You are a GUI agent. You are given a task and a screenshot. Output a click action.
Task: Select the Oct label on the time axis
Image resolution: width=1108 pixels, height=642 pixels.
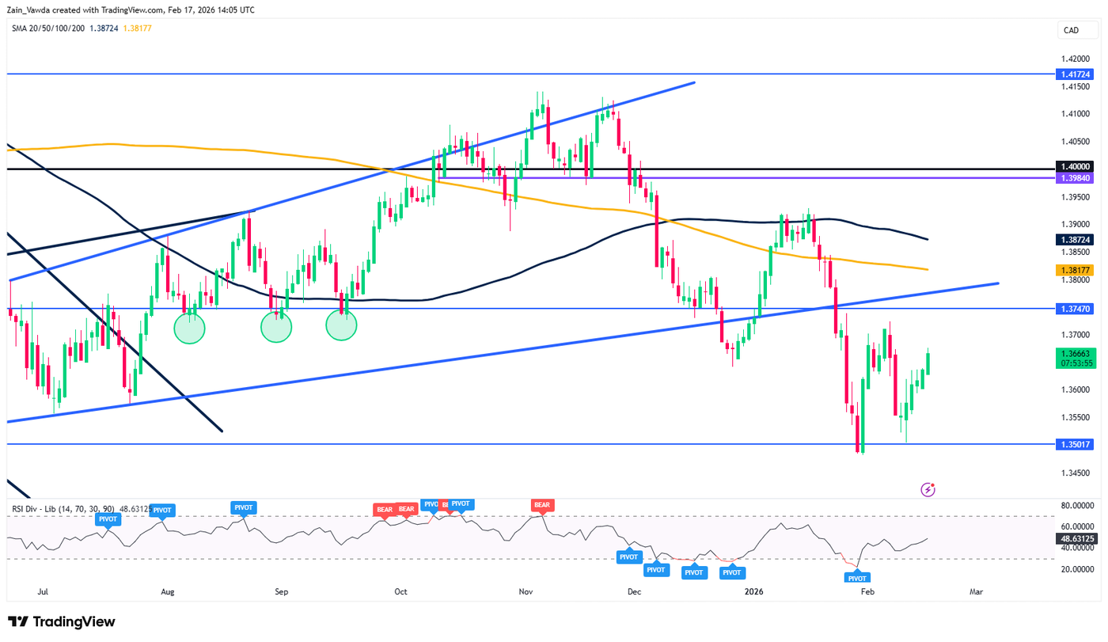point(400,591)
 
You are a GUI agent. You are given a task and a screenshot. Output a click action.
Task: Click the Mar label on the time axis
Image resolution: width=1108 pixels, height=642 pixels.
point(976,591)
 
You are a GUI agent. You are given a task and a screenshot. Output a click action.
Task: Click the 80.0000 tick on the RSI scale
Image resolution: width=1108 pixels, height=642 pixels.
point(1077,505)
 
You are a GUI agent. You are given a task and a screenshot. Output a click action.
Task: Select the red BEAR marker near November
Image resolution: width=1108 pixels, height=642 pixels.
point(542,504)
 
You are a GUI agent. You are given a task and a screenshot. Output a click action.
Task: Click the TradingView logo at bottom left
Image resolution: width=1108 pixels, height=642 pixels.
point(62,621)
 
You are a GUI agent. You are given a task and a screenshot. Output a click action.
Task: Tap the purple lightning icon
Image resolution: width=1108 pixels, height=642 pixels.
point(928,490)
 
